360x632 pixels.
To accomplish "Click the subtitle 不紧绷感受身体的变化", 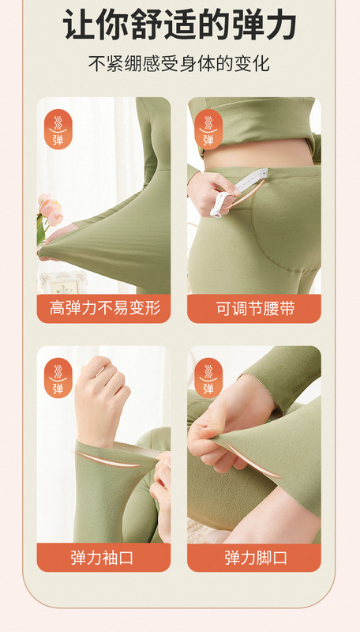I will click(180, 63).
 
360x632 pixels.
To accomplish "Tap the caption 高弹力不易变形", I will click(103, 308).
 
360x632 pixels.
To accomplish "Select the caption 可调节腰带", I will click(254, 308).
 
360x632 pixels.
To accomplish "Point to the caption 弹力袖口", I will click(103, 558).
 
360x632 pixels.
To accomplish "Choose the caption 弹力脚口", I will click(254, 558).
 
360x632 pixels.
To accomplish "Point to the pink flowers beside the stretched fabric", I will click(49, 209).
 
